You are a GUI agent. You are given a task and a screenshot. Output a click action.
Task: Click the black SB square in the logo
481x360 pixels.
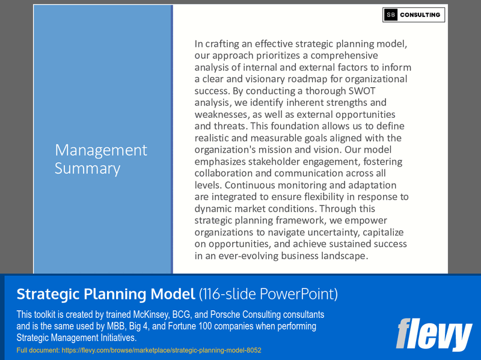(391, 15)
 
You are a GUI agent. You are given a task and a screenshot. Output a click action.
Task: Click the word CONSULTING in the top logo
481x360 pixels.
(421, 15)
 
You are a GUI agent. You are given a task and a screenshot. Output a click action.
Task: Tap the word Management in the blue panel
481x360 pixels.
(100, 150)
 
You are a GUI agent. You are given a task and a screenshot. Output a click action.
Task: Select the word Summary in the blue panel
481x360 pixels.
(87, 169)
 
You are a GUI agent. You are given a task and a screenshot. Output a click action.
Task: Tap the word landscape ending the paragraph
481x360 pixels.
(345, 255)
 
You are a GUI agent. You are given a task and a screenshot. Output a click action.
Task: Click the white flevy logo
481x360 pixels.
(434, 335)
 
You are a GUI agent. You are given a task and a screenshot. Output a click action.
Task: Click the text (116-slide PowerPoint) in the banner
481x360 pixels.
(268, 294)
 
